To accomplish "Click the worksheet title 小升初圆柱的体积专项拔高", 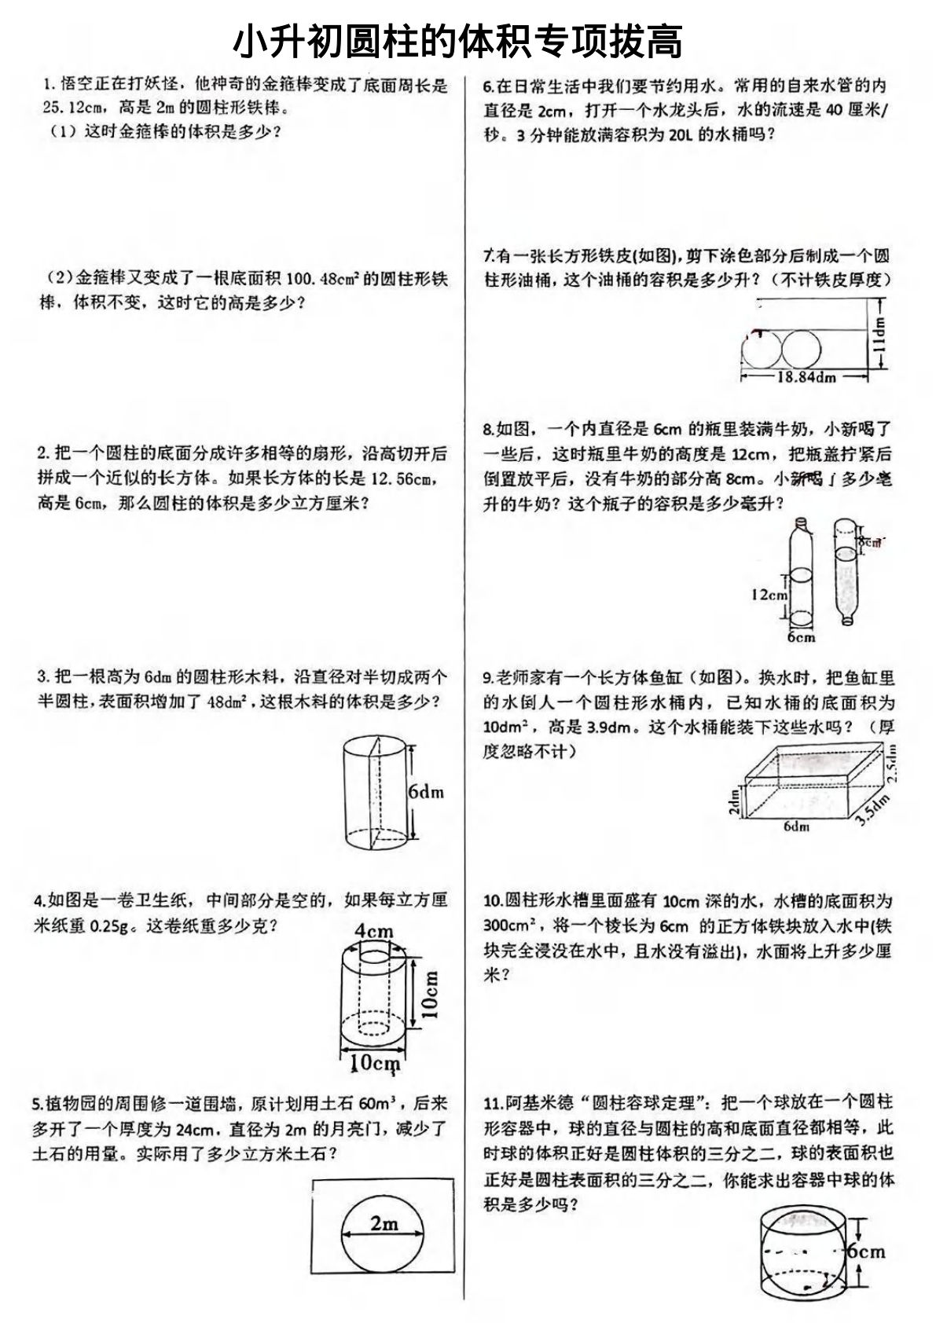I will tap(458, 41).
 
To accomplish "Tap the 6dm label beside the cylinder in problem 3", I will tap(426, 792).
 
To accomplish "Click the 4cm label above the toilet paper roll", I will tap(374, 931).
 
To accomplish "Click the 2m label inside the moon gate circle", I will tap(384, 1222).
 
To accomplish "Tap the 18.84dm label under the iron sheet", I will tap(806, 377).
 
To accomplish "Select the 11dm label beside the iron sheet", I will tap(879, 335).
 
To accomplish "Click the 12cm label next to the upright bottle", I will tap(769, 595).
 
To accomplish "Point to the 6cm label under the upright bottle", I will tap(801, 637).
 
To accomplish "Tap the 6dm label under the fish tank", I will tap(796, 826).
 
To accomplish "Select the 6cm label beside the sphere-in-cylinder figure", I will tap(865, 1252).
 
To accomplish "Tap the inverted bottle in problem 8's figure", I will tap(844, 570).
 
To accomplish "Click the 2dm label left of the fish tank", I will tap(734, 801).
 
